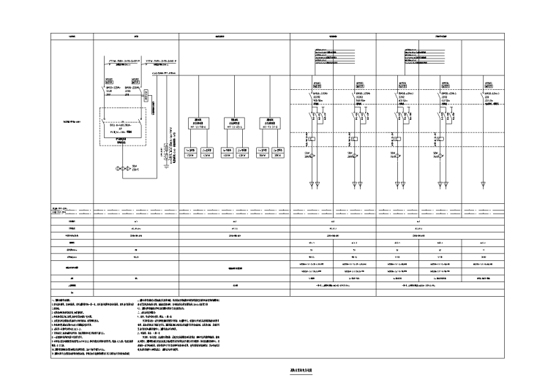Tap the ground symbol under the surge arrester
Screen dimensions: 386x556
point(168,165)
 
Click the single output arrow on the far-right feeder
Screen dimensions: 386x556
point(484,183)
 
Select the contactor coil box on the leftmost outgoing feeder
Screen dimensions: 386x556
point(312,137)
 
